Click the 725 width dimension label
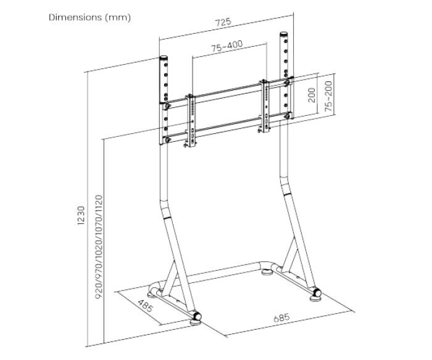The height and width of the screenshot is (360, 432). point(223,22)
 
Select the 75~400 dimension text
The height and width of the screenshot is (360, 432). point(227,46)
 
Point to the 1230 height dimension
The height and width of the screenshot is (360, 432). point(81,216)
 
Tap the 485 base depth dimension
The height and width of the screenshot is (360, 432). point(145,306)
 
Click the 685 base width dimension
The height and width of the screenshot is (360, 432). point(282,317)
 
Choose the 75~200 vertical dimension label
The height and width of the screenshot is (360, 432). point(329,96)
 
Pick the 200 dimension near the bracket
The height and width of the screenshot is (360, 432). point(311,95)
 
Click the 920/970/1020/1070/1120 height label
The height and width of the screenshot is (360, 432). point(99,247)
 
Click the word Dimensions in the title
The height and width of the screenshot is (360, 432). point(75,17)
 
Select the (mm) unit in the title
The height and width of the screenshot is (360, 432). point(118,18)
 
